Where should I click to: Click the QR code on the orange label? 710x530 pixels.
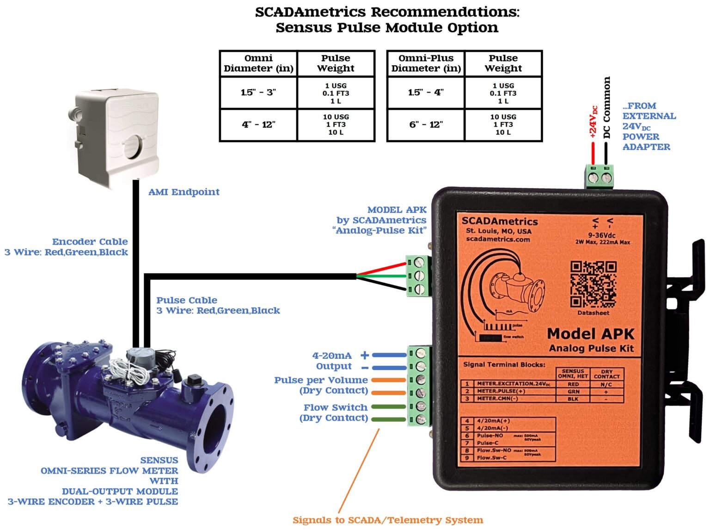(593, 284)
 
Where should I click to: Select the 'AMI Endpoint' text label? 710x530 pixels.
(184, 192)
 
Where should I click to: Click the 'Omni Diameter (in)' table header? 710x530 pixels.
(258, 63)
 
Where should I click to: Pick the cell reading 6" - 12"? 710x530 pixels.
(426, 124)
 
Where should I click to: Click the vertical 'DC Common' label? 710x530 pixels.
(607, 107)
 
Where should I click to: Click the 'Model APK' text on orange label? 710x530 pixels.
(590, 333)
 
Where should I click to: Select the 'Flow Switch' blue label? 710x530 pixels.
(335, 407)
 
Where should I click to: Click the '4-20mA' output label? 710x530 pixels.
(332, 356)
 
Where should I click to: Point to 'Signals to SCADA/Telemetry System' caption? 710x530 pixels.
(387, 520)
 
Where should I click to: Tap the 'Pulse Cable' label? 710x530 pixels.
(187, 300)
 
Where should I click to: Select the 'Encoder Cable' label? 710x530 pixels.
(90, 241)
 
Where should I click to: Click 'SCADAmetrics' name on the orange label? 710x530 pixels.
(499, 221)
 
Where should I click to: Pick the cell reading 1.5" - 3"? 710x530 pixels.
(258, 92)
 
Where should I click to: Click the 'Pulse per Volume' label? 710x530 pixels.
(321, 380)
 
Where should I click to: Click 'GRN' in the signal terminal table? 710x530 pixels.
(573, 391)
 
